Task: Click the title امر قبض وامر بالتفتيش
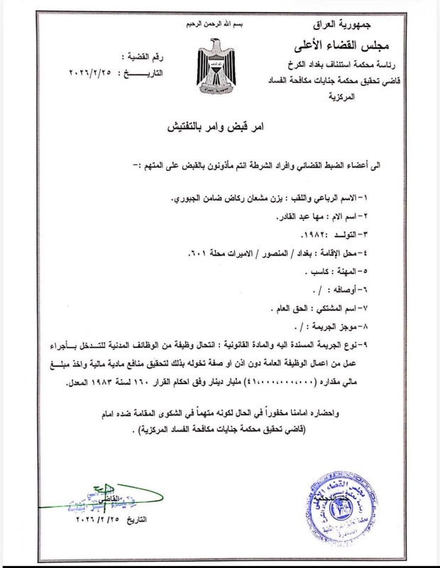[216, 131]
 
